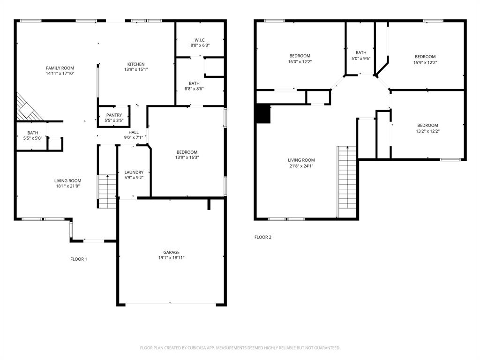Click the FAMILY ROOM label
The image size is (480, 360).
(60, 68)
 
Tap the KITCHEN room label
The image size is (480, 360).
(136, 64)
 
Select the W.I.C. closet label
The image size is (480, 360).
(200, 40)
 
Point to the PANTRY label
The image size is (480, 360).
(114, 115)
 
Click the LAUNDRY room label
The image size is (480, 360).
(134, 172)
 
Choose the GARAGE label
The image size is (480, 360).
(171, 252)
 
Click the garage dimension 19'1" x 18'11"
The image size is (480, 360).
(171, 258)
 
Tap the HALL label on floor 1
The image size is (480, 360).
(134, 132)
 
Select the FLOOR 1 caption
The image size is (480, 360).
(79, 259)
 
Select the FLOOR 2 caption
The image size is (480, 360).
(263, 237)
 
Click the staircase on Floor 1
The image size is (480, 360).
(107, 191)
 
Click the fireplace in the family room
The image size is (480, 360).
(29, 107)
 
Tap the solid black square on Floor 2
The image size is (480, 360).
(264, 114)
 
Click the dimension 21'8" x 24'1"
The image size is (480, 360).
(301, 166)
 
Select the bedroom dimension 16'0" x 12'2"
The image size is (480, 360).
(300, 61)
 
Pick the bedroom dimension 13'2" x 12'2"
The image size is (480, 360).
(427, 131)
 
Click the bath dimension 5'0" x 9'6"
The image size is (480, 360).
(361, 59)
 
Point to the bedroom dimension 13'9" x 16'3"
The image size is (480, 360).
(187, 158)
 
